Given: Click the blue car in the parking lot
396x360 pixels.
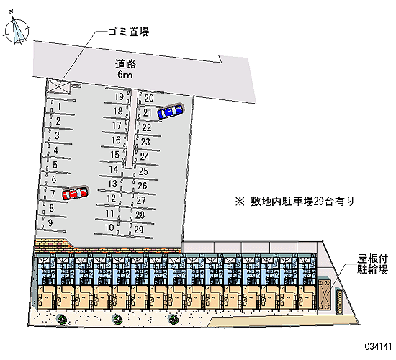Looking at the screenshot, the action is pos(171,111).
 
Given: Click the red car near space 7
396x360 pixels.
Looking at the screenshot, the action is pos(76,193).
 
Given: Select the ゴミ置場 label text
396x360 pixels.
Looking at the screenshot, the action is pos(129,32).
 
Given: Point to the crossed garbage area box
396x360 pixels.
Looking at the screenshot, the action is pos(58,86).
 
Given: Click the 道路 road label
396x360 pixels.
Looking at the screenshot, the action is pos(125,64).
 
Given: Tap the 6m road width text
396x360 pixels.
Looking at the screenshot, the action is pos(125,75).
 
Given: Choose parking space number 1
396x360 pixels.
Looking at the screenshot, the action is pos(59,107).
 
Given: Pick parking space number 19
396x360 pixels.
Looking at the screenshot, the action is pos(119,96).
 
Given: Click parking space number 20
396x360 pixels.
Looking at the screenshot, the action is pos(149,98).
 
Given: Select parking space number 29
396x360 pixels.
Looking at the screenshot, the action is pos(139,230).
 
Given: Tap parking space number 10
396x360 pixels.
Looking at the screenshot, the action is pos(109,228).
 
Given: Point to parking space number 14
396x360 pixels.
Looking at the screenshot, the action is pos(114,169).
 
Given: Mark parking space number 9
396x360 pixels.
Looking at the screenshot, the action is pos(50,222).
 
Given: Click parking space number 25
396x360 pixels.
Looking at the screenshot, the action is pos(143,171).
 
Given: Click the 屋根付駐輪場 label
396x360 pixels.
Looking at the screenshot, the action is pos(372,264).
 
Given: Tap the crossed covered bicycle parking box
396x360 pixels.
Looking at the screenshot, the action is pos(325,294).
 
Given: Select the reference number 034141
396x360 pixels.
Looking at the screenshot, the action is pos(378,346).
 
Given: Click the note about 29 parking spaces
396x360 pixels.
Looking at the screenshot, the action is pos(295,202).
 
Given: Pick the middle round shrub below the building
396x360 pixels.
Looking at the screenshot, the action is pos(117,320).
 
